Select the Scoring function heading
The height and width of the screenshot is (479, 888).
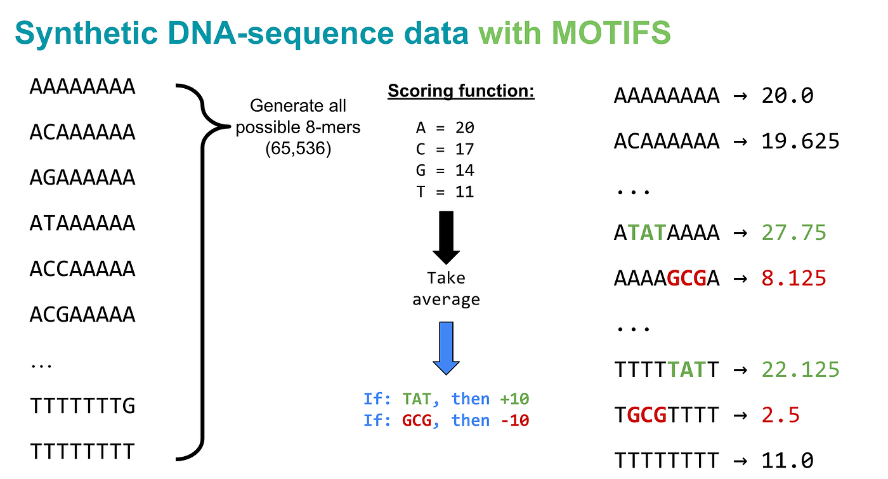click(461, 91)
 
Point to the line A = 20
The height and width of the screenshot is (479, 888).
click(445, 128)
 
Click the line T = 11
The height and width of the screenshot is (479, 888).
click(445, 192)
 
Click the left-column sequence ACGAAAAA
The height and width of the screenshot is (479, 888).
click(82, 314)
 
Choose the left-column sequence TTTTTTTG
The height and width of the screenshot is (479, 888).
click(82, 405)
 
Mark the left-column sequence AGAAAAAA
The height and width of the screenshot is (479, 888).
click(82, 178)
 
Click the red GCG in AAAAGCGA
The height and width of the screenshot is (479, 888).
click(686, 279)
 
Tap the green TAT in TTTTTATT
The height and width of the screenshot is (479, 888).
click(686, 369)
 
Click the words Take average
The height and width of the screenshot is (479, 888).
click(446, 289)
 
